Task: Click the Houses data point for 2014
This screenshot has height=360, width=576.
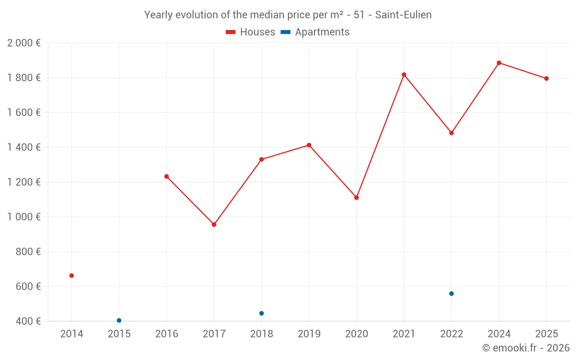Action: pos(71,275)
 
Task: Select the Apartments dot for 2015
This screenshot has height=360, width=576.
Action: pos(119,320)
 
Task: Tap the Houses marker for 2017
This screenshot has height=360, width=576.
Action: pos(214,225)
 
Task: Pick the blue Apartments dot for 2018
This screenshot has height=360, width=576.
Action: pos(262,313)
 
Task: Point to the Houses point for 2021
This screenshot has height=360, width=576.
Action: pos(404,74)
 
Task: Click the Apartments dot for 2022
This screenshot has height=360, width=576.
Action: pos(452,294)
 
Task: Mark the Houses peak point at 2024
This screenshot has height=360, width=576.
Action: pos(499,63)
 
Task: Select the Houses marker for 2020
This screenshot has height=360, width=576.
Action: pos(357,198)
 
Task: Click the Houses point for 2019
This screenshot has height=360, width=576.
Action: pos(309,145)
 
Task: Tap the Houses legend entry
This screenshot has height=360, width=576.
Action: pos(251,32)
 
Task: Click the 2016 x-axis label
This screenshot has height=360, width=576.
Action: pos(166,334)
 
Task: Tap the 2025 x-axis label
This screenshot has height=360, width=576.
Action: pos(546,334)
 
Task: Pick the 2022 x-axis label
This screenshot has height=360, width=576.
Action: pos(452,334)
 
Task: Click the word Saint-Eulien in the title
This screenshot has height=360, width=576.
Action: pos(403,15)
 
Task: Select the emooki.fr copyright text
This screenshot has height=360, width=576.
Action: pos(526,348)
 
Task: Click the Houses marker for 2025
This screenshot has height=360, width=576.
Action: pos(546,78)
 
